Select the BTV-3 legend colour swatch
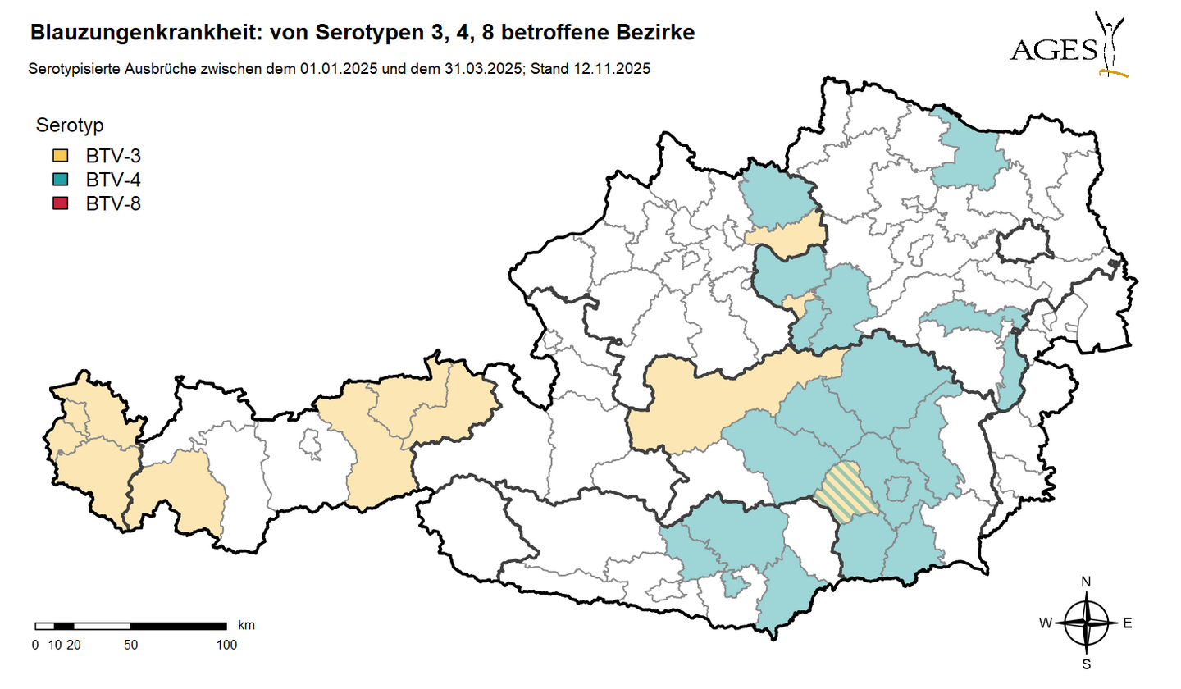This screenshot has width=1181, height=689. pyautogui.click(x=61, y=156)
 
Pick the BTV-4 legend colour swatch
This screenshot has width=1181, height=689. pyautogui.click(x=61, y=180)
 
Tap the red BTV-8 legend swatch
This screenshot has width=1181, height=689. pyautogui.click(x=61, y=203)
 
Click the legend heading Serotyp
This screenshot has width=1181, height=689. pyautogui.click(x=70, y=125)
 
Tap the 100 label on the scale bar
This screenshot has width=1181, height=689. pyautogui.click(x=226, y=645)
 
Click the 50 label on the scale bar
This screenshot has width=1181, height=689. pyautogui.click(x=130, y=645)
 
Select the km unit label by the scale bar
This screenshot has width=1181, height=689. pyautogui.click(x=246, y=625)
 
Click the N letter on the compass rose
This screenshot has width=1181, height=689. pyautogui.click(x=1087, y=582)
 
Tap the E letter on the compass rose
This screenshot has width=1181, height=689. pyautogui.click(x=1128, y=623)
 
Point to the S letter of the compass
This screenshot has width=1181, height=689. pyautogui.click(x=1087, y=664)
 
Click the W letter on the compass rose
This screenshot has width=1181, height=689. pyautogui.click(x=1046, y=623)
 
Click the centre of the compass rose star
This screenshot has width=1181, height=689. pyautogui.click(x=1087, y=623)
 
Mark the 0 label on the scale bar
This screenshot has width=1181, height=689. pyautogui.click(x=35, y=645)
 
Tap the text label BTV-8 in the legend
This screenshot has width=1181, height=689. pyautogui.click(x=113, y=203)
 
